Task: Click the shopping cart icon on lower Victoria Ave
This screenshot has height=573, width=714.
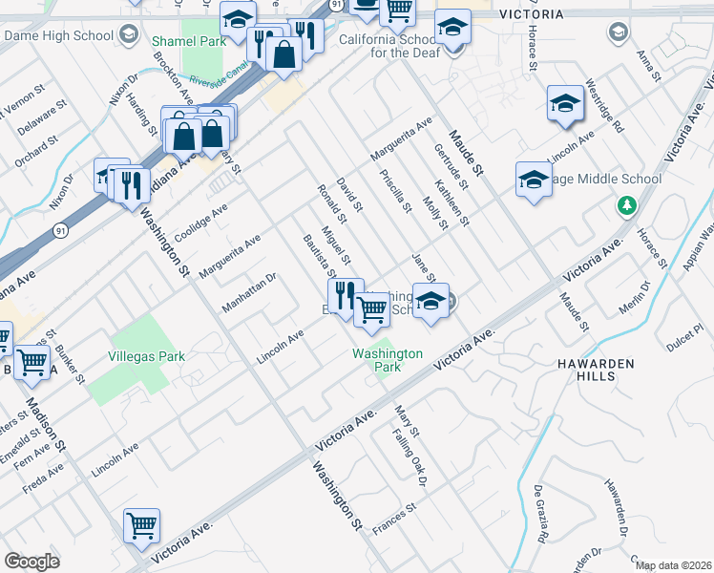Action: pyautogui.click(x=141, y=526)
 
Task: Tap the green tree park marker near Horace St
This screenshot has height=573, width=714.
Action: pyautogui.click(x=627, y=204)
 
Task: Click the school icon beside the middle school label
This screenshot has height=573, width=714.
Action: pyautogui.click(x=534, y=179)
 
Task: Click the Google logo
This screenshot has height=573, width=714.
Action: pyautogui.click(x=31, y=562)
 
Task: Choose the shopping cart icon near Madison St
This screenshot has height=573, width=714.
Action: pyautogui.click(x=33, y=362)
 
